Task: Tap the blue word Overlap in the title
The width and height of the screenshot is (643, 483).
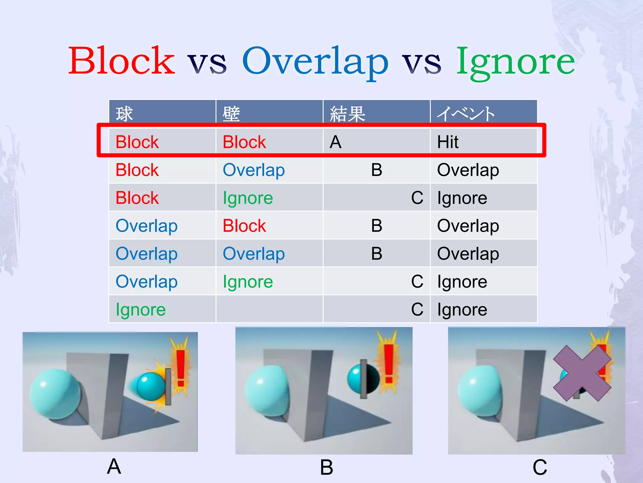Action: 315,61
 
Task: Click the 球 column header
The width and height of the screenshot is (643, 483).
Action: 125,114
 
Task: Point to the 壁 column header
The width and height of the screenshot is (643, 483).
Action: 231,114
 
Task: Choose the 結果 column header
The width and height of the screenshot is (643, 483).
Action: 348,114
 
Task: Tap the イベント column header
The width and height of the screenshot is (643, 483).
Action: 466,114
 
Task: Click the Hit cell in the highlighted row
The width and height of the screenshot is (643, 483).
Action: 448,142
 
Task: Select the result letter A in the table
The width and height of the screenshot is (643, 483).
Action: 336,142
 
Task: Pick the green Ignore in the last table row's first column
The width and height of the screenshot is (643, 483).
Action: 140,310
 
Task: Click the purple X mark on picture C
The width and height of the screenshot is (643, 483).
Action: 582,373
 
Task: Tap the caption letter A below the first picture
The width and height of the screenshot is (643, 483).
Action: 114,466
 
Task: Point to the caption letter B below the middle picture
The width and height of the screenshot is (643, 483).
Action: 327,467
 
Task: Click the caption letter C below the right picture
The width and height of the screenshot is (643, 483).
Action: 540,467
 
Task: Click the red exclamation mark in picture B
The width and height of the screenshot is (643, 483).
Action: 389,363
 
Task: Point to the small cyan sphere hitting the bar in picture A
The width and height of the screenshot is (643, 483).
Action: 151,386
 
